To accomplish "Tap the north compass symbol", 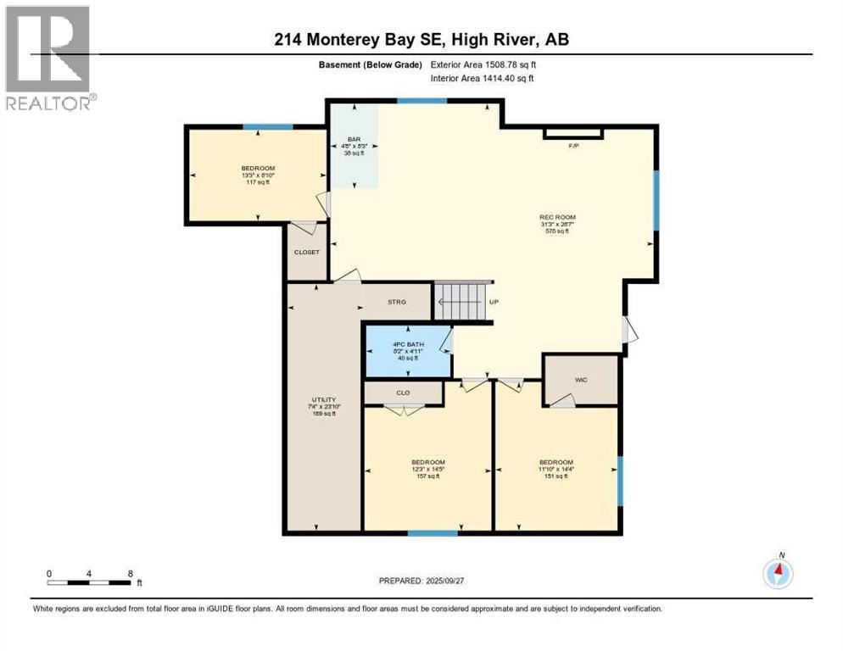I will tap(778, 574).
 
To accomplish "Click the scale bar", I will tap(89, 582).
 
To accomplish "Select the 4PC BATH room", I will tap(407, 350).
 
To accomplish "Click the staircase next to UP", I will tap(462, 300).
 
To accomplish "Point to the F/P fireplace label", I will tap(573, 146).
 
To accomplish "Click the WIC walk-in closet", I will tap(581, 380).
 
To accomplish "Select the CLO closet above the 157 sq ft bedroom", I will tap(403, 392).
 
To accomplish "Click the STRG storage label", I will tap(397, 302).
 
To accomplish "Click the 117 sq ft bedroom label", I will tap(258, 175).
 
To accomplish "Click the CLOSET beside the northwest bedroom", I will tap(306, 252).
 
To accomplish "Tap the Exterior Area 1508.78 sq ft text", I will tap(484, 64).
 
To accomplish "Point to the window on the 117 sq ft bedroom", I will tap(268, 127).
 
